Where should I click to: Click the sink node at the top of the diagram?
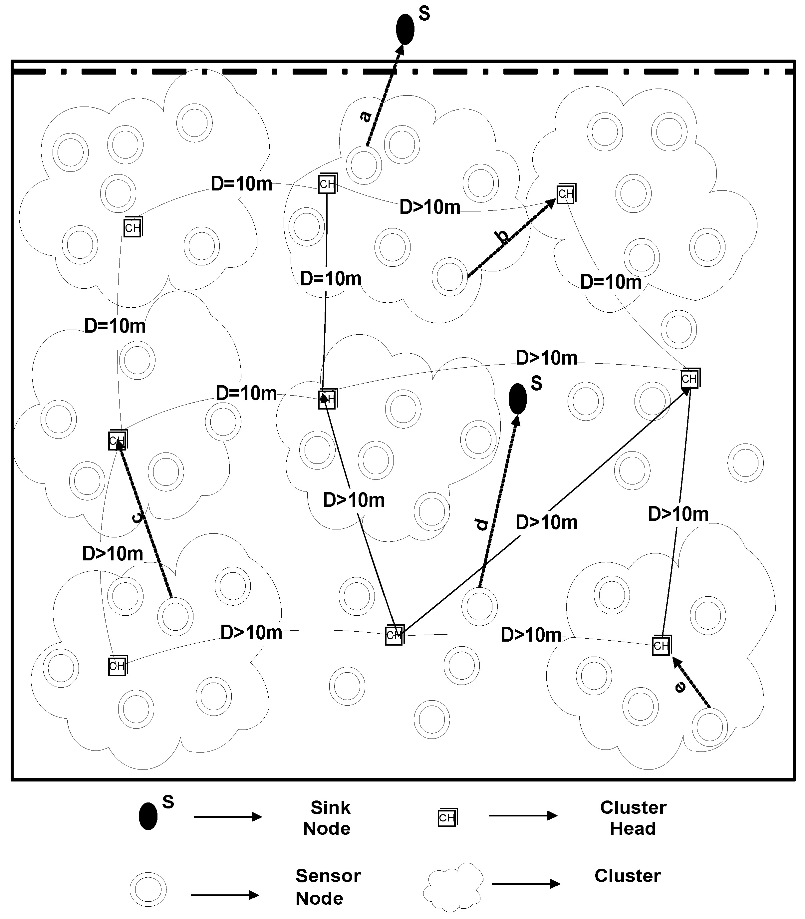pos(405,29)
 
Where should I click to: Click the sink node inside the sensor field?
pos(517,399)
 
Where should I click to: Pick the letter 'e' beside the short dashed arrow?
pos(680,687)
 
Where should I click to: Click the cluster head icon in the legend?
pos(447,817)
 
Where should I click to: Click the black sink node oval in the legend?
pos(148,816)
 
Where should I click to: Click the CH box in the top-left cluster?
pos(133,227)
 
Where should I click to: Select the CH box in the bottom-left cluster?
pos(117,666)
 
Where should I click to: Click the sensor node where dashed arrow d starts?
pos(479,606)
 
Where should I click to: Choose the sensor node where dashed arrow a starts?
pos(364,165)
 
